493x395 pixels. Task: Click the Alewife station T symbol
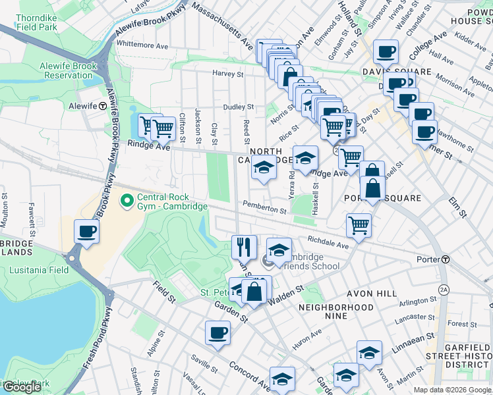pyautogui.click(x=103, y=105)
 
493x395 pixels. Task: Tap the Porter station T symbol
pyautogui.click(x=446, y=259)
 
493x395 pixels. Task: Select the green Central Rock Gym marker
pyautogui.click(x=125, y=198)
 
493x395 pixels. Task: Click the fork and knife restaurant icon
pyautogui.click(x=244, y=247)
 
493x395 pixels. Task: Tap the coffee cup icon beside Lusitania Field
pyautogui.click(x=87, y=231)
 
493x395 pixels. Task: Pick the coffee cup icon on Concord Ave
pyautogui.click(x=217, y=332)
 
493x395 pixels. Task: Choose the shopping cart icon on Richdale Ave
pyautogui.click(x=359, y=224)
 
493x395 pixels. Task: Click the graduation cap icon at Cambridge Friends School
pyautogui.click(x=279, y=250)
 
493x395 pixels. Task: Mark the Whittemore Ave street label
pyautogui.click(x=142, y=44)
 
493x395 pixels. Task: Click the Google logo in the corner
pyautogui.click(x=22, y=387)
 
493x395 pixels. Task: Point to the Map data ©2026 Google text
pyautogui.click(x=451, y=390)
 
